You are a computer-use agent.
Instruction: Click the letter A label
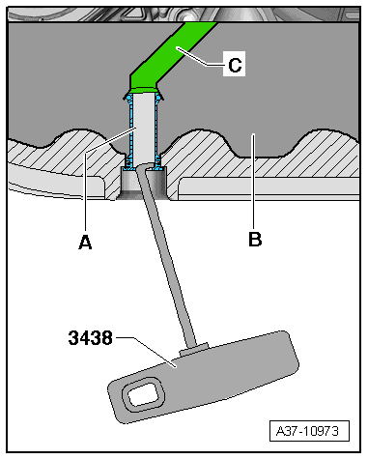[x=85, y=244]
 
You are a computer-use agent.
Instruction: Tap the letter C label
[x=233, y=66]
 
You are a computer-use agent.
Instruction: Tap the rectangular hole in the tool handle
[x=136, y=394]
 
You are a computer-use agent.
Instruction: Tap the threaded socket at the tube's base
[x=142, y=182]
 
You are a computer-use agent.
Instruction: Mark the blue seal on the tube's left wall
[x=129, y=126]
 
